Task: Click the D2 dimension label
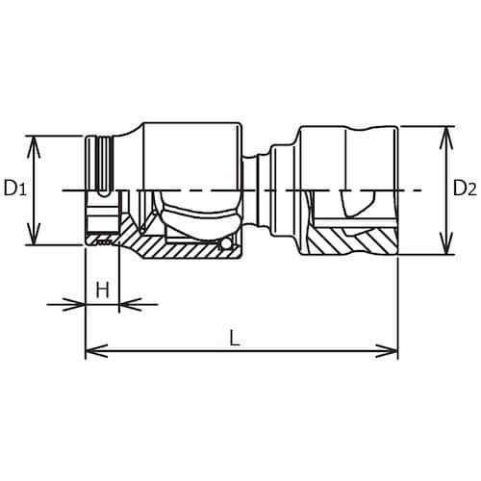[x=465, y=190]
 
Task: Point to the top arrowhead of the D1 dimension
[x=36, y=141]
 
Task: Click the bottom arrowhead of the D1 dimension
[x=36, y=240]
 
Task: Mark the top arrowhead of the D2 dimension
[x=444, y=131]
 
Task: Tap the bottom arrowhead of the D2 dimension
[x=444, y=249]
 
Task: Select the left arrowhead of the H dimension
[x=80, y=306]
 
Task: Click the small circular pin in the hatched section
[x=224, y=247]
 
